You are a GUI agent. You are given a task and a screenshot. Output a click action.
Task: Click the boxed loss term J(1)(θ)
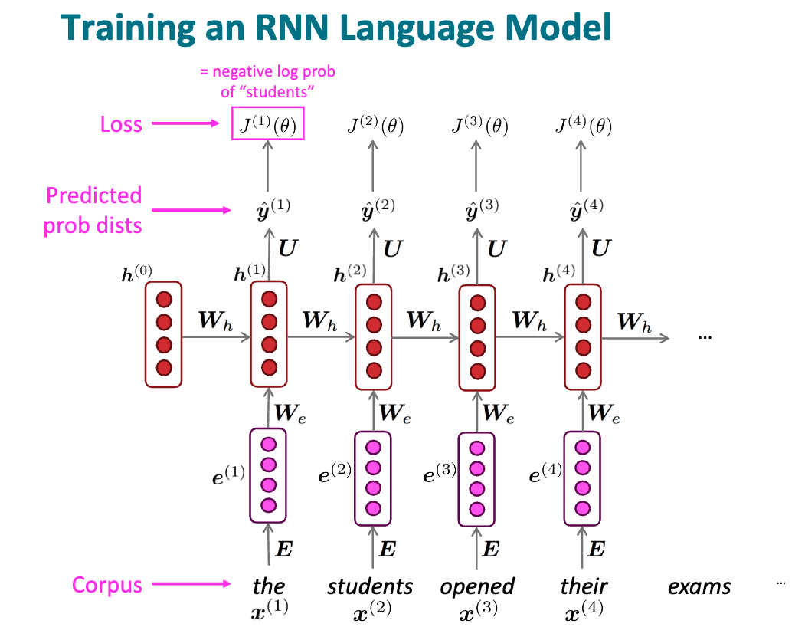268,124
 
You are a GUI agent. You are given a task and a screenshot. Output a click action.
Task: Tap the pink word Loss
121,124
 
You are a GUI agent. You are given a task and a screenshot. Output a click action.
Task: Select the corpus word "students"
370,587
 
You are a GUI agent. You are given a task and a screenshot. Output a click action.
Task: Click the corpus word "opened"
476,587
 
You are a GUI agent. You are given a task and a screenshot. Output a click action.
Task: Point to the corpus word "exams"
699,587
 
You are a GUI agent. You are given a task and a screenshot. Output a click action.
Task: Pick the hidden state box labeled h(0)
163,333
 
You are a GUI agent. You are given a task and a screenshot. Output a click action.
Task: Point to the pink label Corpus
107,586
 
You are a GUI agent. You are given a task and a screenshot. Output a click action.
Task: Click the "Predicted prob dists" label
94,210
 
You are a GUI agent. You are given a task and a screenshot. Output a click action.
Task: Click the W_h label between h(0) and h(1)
215,320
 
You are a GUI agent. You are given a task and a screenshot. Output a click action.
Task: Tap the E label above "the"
284,549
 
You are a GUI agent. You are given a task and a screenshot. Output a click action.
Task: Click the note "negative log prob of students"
267,82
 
